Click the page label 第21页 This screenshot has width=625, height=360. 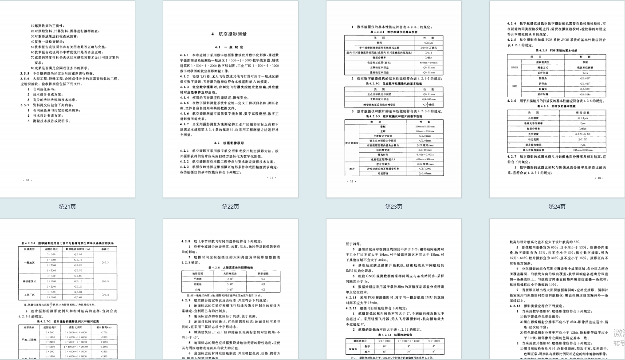(x=67, y=206)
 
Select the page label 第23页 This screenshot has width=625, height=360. (x=393, y=206)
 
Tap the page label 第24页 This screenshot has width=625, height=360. (x=557, y=206)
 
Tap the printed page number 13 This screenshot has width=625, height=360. (x=601, y=178)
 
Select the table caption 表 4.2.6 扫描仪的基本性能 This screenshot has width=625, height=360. (x=556, y=107)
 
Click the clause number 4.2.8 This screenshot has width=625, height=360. (x=186, y=241)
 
